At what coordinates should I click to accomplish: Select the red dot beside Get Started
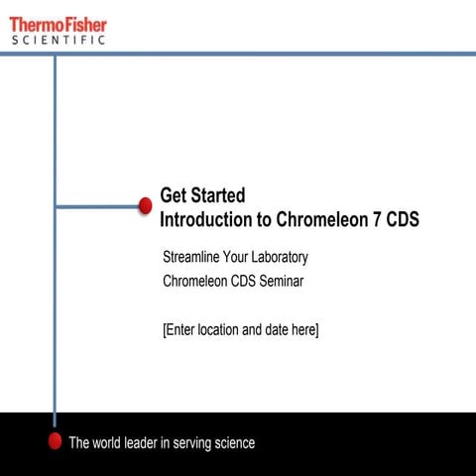point(145,205)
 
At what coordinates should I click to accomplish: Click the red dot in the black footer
point(56,441)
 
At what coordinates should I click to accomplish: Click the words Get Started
point(202,195)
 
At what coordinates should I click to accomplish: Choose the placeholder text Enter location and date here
point(240,329)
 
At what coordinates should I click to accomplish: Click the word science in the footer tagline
point(231,443)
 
